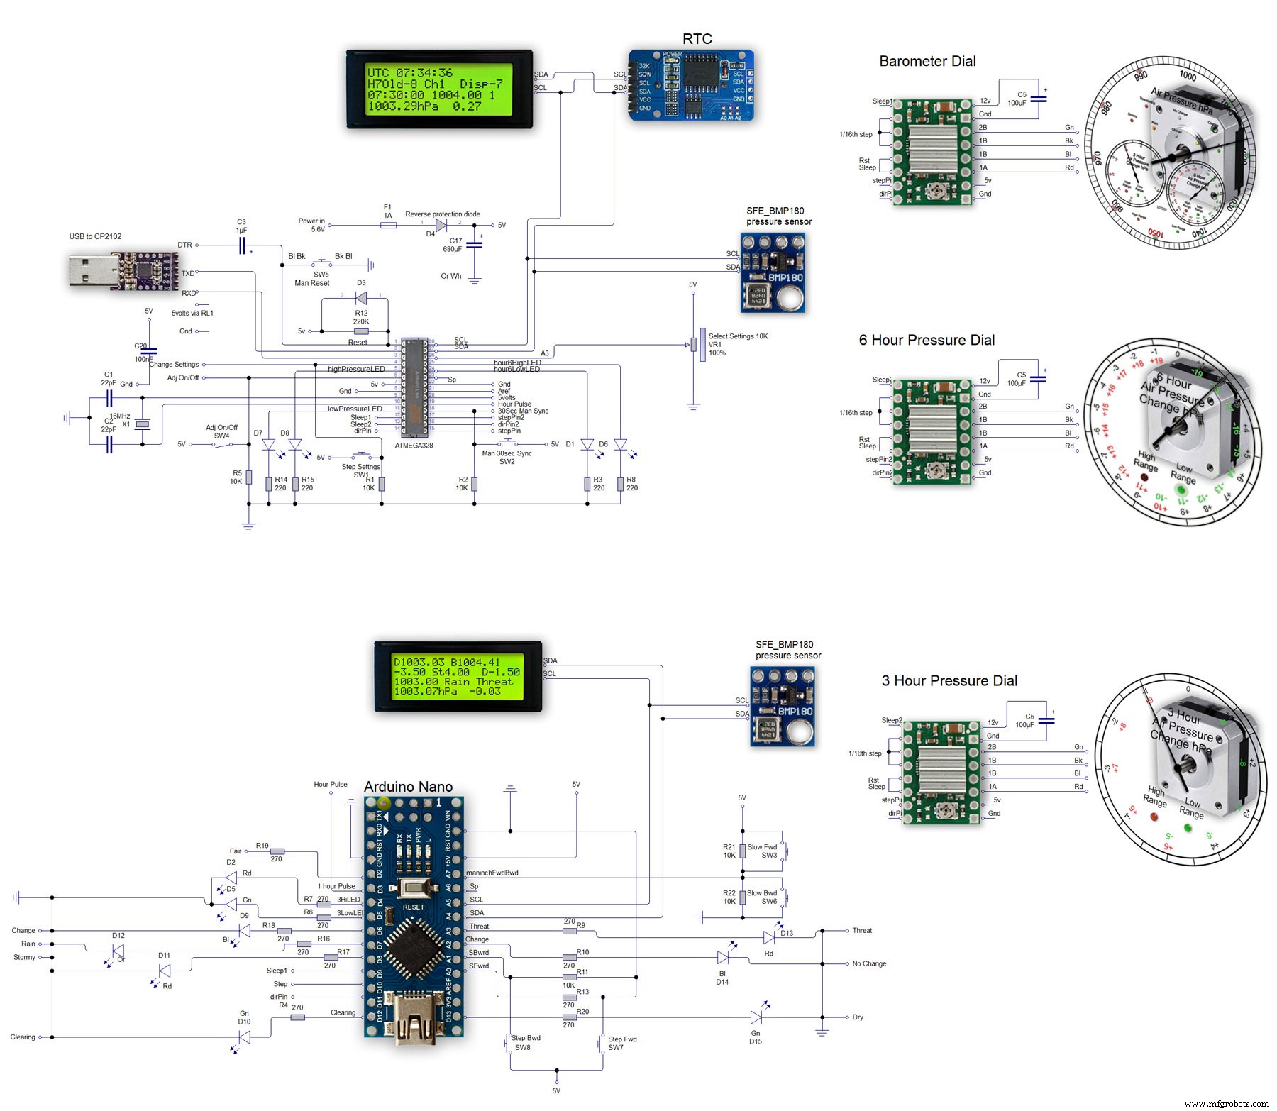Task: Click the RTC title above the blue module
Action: (x=697, y=39)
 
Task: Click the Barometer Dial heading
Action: (x=927, y=62)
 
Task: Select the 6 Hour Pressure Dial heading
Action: (x=927, y=341)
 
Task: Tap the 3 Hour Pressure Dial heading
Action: (x=949, y=681)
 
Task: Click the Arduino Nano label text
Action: (x=408, y=787)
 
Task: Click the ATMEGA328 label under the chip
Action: (x=414, y=446)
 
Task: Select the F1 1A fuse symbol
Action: (x=388, y=226)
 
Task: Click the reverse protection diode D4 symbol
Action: (x=441, y=226)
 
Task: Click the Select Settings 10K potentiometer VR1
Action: (x=702, y=345)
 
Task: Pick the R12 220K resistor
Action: (x=361, y=331)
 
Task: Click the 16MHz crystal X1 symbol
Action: (x=143, y=424)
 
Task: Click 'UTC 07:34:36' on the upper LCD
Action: (x=410, y=73)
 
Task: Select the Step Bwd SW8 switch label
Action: (x=525, y=1042)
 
